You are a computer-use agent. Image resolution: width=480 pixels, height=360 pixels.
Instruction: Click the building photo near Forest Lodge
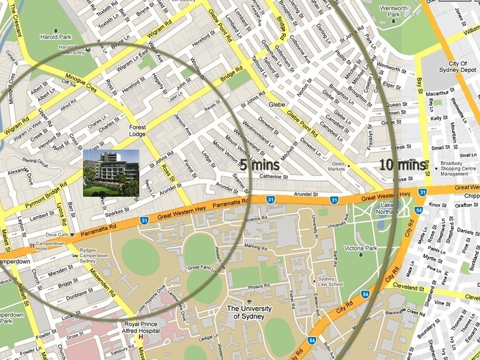(x=110, y=173)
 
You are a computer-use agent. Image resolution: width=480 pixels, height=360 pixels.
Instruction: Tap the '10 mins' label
(x=403, y=164)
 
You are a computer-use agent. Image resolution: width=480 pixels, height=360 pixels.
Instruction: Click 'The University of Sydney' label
(x=250, y=313)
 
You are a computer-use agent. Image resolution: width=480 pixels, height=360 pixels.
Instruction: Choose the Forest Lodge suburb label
(x=141, y=131)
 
